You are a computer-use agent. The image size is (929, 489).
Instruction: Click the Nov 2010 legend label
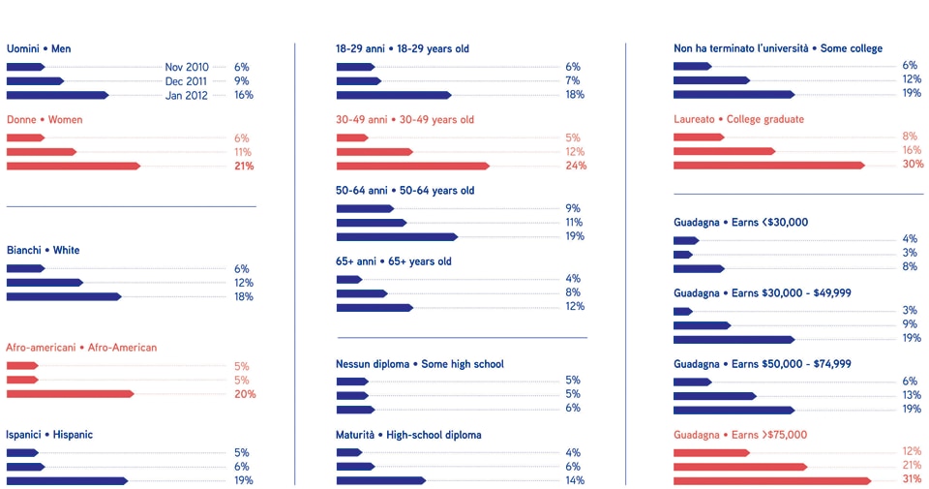pyautogui.click(x=187, y=67)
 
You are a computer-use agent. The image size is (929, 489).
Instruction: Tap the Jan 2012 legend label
pyautogui.click(x=187, y=95)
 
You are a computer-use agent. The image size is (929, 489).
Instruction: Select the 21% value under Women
pyautogui.click(x=243, y=167)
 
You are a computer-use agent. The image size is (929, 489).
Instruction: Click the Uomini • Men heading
pyautogui.click(x=39, y=48)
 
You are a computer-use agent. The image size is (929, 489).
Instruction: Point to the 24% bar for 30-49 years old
pyautogui.click(x=412, y=166)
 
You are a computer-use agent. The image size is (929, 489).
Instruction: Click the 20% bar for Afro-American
pyautogui.click(x=70, y=394)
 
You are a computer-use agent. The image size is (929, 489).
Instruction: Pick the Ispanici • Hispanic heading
pyautogui.click(x=49, y=435)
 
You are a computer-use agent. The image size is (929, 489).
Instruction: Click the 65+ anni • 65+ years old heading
pyautogui.click(x=394, y=261)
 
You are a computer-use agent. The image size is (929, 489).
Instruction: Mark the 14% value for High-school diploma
pyautogui.click(x=574, y=480)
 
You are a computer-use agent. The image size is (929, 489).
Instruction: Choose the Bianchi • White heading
pyautogui.click(x=44, y=250)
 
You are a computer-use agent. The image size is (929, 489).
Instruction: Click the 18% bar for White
pyautogui.click(x=64, y=296)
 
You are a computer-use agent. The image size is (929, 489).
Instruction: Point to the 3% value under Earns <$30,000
pyautogui.click(x=910, y=254)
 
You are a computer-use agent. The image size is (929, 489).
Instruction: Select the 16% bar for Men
pyautogui.click(x=57, y=95)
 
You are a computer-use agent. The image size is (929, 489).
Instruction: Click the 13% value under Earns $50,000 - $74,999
pyautogui.click(x=910, y=396)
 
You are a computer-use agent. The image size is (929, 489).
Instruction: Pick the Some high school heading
pyautogui.click(x=420, y=364)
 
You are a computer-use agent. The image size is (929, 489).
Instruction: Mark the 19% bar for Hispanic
pyautogui.click(x=67, y=480)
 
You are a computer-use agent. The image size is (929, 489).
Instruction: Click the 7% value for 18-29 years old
pyautogui.click(x=573, y=81)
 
